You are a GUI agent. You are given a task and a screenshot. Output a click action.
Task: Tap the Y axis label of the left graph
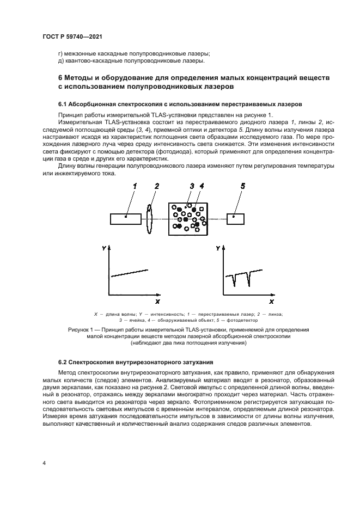(103, 248)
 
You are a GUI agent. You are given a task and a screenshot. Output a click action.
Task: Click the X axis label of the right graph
(271, 301)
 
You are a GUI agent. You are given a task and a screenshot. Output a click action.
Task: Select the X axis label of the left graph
(157, 301)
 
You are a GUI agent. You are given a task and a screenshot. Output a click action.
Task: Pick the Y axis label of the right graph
(217, 248)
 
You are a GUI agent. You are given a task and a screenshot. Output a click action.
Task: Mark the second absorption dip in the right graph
(249, 281)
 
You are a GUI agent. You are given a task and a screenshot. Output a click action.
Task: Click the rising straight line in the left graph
(130, 272)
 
